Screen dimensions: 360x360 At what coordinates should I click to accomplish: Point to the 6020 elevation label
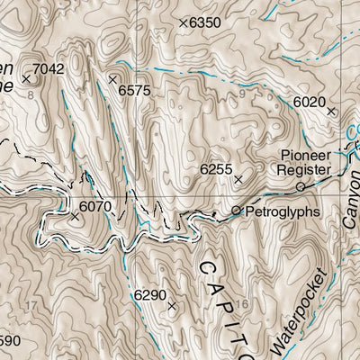(309, 103)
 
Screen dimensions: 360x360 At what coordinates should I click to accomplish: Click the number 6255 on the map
(216, 168)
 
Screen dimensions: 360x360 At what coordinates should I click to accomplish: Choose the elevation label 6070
(94, 206)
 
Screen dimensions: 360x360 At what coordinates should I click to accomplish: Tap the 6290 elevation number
(149, 294)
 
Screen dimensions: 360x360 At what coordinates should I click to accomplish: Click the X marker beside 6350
(183, 22)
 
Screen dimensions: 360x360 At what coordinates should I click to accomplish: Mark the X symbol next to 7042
(26, 79)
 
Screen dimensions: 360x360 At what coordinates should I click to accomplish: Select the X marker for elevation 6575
(112, 80)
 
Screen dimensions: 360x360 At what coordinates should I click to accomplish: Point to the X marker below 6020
(330, 112)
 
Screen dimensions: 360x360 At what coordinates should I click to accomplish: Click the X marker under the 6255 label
(238, 179)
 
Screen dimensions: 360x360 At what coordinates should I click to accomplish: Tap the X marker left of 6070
(74, 216)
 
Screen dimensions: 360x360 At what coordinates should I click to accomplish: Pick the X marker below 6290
(172, 306)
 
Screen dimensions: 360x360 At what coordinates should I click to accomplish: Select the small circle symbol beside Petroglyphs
(237, 211)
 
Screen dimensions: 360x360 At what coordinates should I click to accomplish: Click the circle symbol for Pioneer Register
(301, 186)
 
